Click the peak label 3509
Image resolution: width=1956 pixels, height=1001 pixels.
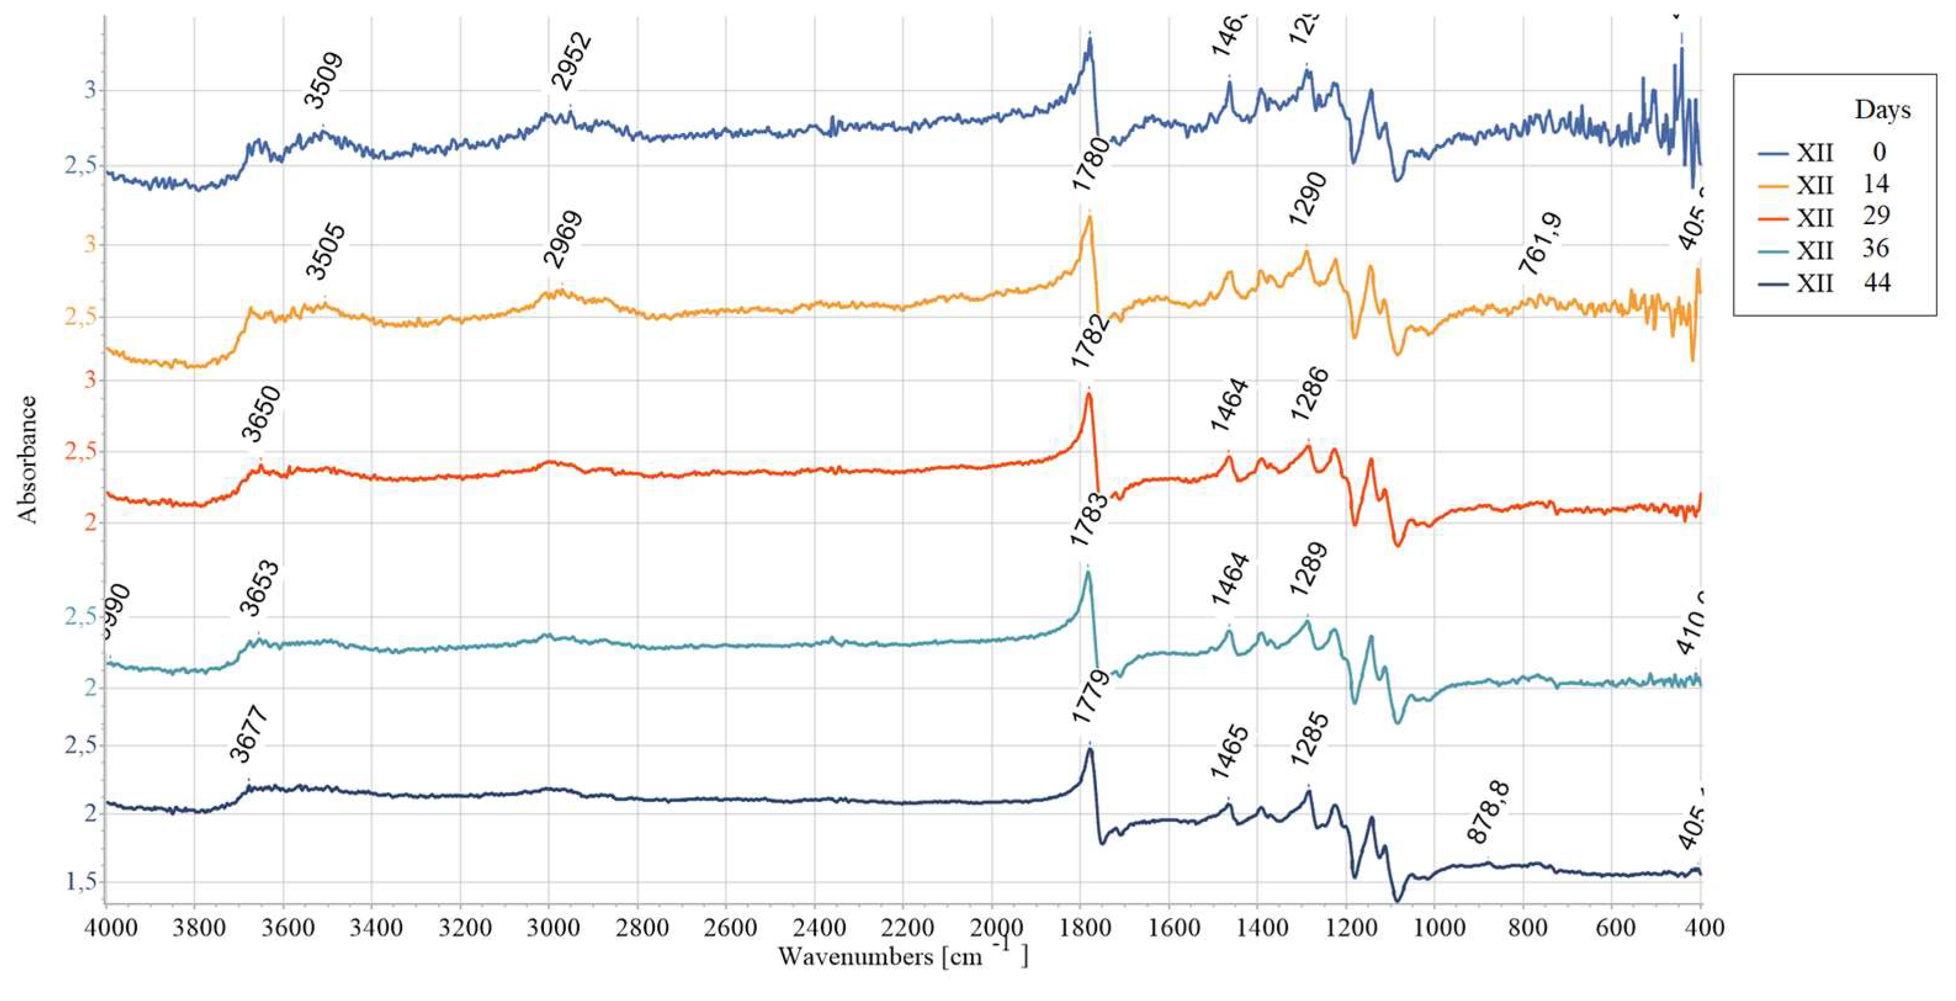click(324, 81)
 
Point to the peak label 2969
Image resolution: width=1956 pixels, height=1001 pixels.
click(564, 239)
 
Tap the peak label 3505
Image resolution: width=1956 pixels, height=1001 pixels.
click(326, 252)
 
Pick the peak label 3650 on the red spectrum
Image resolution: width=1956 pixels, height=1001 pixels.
click(261, 413)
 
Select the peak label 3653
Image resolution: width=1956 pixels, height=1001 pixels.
click(259, 589)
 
